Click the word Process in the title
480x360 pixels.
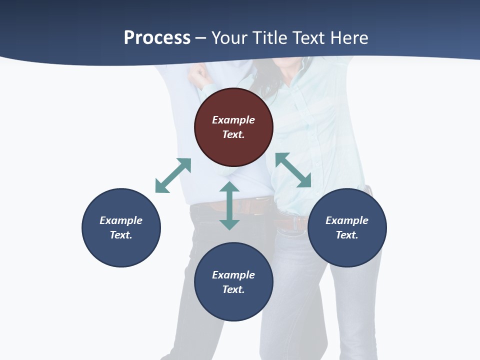click(x=157, y=38)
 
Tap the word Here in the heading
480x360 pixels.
click(x=348, y=38)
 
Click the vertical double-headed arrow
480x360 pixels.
click(x=229, y=205)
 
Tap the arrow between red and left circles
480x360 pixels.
click(x=173, y=175)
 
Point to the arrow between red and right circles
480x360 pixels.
click(x=293, y=170)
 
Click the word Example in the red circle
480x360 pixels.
click(x=233, y=120)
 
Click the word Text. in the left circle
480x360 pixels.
click(x=121, y=235)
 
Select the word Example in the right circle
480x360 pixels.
click(x=347, y=220)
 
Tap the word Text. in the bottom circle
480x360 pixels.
click(x=233, y=289)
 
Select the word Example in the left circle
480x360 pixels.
click(x=121, y=220)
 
